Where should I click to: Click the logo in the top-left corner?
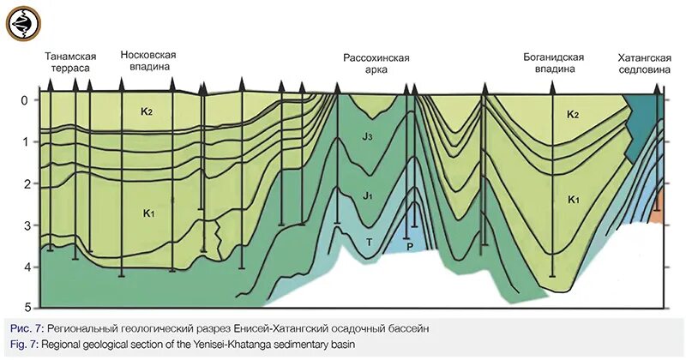pyautogui.click(x=23, y=23)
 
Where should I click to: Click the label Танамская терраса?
pyautogui.click(x=69, y=62)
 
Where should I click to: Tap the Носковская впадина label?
pyautogui.click(x=148, y=61)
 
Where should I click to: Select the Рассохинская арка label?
pyautogui.click(x=376, y=65)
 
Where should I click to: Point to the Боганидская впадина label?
pyautogui.click(x=553, y=64)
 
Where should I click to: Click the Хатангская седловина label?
pyautogui.click(x=643, y=64)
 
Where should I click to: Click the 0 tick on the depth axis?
pyautogui.click(x=25, y=100)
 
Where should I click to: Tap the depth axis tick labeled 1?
pyautogui.click(x=25, y=142)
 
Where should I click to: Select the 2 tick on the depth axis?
pyautogui.click(x=25, y=183)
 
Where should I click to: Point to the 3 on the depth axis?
pyautogui.click(x=25, y=225)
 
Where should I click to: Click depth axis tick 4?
pyautogui.click(x=25, y=267)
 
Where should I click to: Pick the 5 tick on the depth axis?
pyautogui.click(x=25, y=306)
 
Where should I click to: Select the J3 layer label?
pyautogui.click(x=366, y=137)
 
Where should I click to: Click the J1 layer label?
pyautogui.click(x=367, y=197)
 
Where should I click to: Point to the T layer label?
pyautogui.click(x=370, y=243)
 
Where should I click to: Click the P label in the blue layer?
pyautogui.click(x=410, y=245)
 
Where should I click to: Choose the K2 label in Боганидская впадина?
pyautogui.click(x=572, y=115)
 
